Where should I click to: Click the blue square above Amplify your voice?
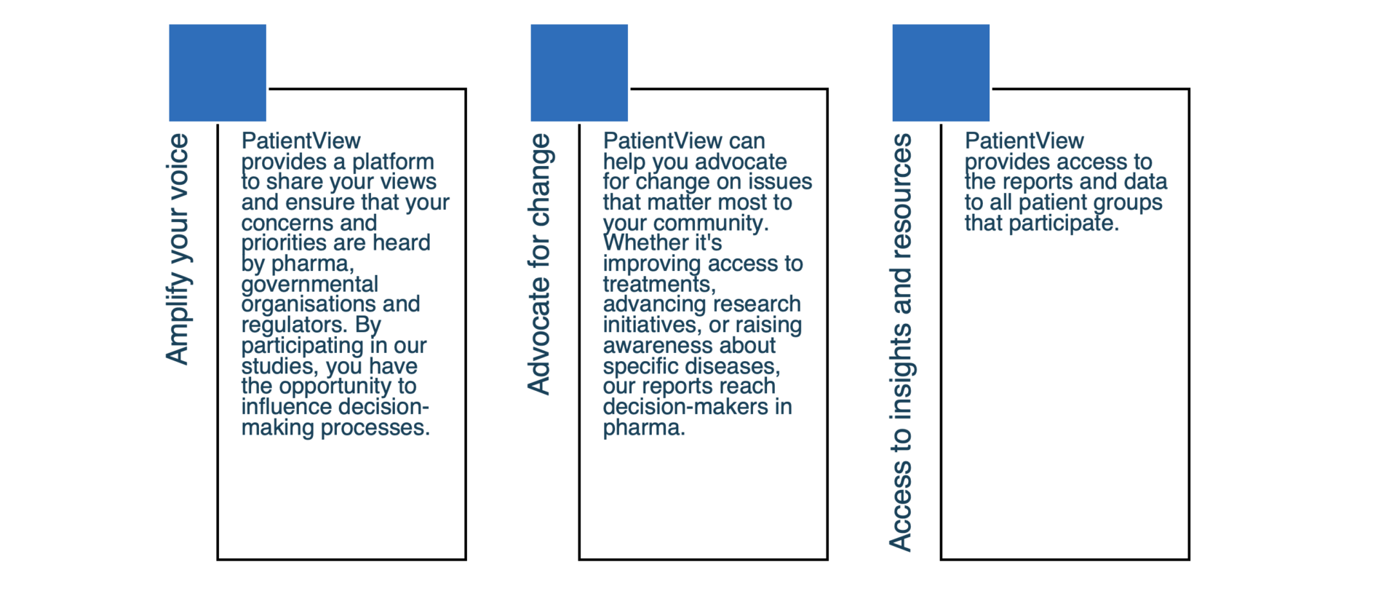click(218, 73)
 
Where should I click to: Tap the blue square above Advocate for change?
click(579, 73)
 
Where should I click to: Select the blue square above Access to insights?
click(941, 73)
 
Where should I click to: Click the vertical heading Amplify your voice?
click(178, 249)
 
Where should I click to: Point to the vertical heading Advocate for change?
click(539, 264)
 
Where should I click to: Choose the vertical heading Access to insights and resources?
click(901, 342)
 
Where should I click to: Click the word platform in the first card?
click(393, 162)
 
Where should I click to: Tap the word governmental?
click(310, 285)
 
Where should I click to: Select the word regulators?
click(295, 325)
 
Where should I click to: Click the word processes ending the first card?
click(375, 428)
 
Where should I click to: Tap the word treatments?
click(659, 285)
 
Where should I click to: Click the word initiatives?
click(653, 325)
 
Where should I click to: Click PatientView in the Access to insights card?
click(1024, 140)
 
